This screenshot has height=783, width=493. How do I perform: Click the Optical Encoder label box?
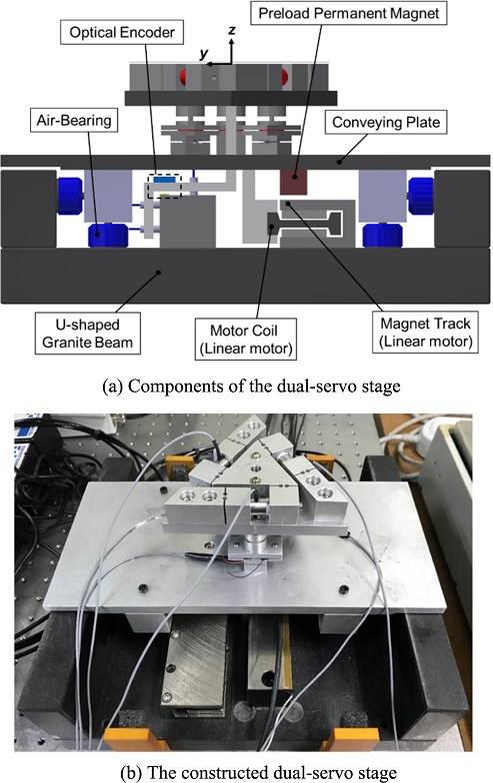pyautogui.click(x=122, y=32)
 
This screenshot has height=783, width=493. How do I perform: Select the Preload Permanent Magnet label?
pyautogui.click(x=348, y=13)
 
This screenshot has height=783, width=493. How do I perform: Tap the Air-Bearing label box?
pyautogui.click(x=74, y=120)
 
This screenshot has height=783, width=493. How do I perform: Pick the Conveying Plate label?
pyautogui.click(x=386, y=122)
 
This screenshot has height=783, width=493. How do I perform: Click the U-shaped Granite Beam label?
pyautogui.click(x=88, y=334)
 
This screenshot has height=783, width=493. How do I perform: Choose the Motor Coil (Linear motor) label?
pyautogui.click(x=246, y=340)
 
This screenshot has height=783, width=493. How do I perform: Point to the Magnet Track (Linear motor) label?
pyautogui.click(x=425, y=333)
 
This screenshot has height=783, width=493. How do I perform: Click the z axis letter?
pyautogui.click(x=232, y=30)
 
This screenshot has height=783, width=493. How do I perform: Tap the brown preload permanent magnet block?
pyautogui.click(x=293, y=182)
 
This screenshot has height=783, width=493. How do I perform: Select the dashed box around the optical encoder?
pyautogui.click(x=164, y=186)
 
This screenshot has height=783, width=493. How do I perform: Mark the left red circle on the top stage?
pyautogui.click(x=186, y=76)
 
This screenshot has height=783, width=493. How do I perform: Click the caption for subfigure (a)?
pyautogui.click(x=251, y=386)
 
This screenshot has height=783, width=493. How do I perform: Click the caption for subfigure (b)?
pyautogui.click(x=259, y=773)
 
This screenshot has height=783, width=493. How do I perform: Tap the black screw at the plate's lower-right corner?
pyautogui.click(x=344, y=589)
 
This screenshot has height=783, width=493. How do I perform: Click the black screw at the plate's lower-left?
pyautogui.click(x=143, y=589)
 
